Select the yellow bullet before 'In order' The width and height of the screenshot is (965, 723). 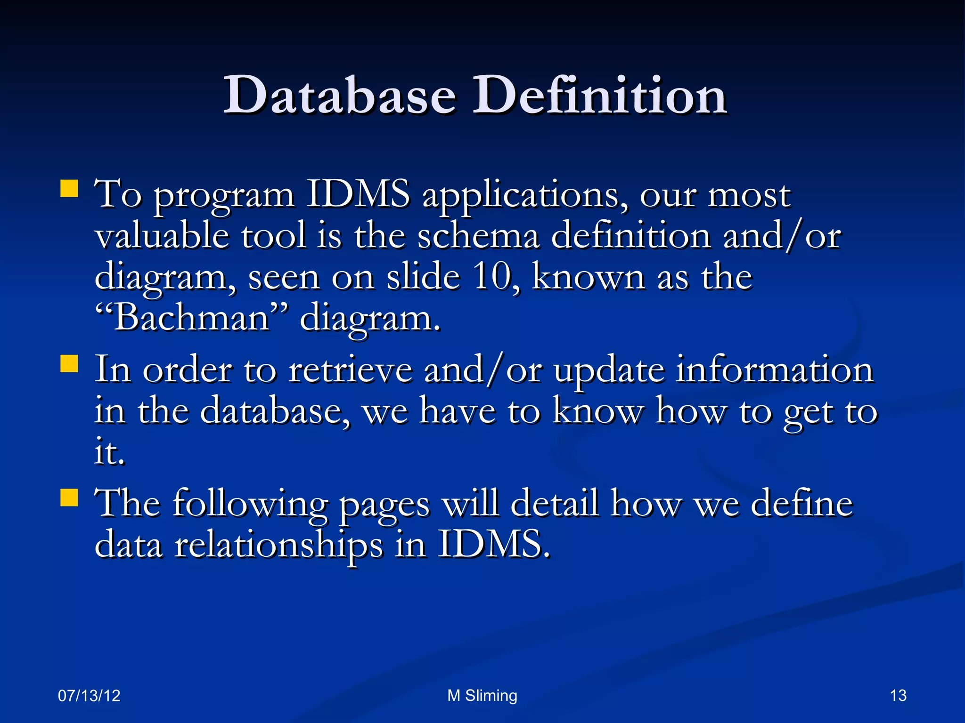[69, 364]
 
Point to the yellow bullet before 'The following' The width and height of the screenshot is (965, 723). [69, 498]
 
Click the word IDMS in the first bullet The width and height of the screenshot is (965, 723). [358, 194]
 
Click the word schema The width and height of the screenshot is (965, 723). [478, 235]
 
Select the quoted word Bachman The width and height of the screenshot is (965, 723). [191, 318]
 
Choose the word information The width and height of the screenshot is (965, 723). [775, 370]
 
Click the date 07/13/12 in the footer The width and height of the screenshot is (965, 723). [89, 696]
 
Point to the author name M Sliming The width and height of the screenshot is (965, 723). [482, 696]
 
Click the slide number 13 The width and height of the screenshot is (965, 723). [898, 696]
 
